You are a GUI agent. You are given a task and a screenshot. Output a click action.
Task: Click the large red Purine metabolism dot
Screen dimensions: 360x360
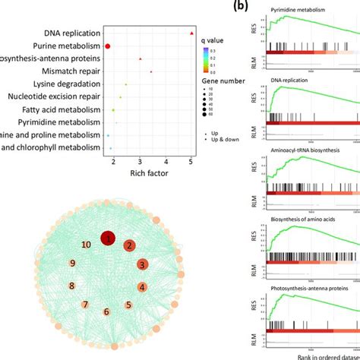click(108, 47)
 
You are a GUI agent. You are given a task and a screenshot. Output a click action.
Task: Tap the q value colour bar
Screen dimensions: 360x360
click(205, 59)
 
